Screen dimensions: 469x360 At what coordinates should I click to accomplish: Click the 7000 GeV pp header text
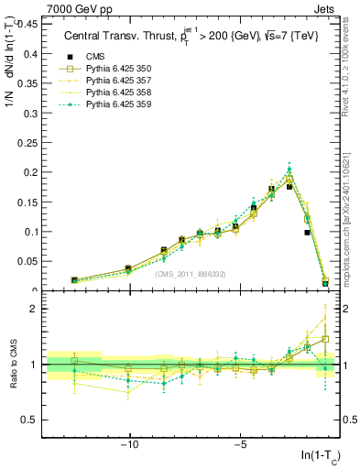click(x=71, y=8)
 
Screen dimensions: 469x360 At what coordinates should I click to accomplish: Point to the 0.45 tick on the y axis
click(x=27, y=24)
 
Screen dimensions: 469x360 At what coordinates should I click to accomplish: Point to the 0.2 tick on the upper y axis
click(x=30, y=172)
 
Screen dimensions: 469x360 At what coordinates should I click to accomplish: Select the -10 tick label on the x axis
click(x=129, y=445)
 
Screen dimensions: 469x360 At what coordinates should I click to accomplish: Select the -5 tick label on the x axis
click(x=239, y=445)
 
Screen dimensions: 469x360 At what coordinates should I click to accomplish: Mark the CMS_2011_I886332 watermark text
click(x=190, y=275)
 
